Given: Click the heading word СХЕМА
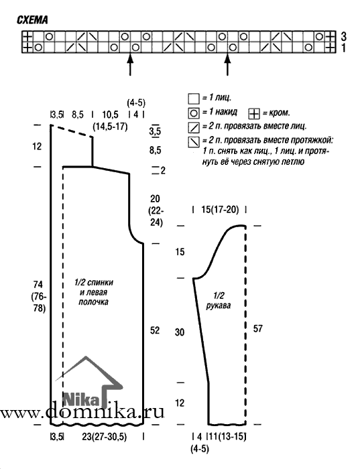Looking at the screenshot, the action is (32, 20).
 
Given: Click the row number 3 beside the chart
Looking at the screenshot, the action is (343, 36).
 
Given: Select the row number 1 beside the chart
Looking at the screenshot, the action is (343, 48).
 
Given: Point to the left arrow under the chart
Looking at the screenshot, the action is (130, 64).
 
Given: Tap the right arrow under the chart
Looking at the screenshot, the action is (228, 64).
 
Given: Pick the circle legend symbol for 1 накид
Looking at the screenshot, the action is (194, 113).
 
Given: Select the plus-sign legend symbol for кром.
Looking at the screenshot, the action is (254, 114).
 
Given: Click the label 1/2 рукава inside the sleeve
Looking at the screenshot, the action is (219, 301).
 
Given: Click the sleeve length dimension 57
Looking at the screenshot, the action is (257, 329).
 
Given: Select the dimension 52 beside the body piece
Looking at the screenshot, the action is (155, 330).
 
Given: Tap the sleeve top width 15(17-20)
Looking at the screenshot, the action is (220, 210).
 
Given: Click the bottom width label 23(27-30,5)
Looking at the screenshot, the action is (104, 437).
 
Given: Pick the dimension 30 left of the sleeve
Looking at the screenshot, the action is (180, 332).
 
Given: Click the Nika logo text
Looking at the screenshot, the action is (81, 399).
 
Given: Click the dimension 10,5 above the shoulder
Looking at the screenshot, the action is (111, 115).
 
